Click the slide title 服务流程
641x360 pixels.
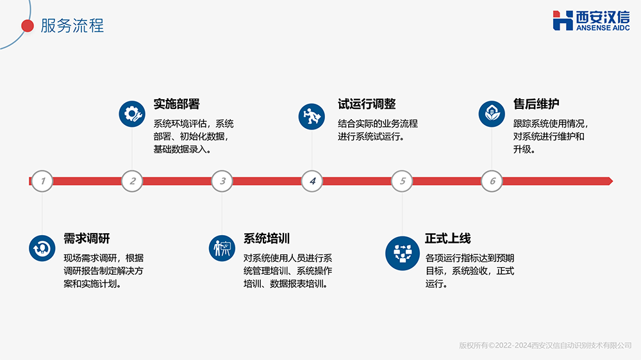point(72,26)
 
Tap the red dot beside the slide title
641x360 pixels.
point(28,26)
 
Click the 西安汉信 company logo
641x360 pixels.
point(591,20)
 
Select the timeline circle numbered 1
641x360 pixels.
point(42,181)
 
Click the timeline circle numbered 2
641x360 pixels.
point(132,181)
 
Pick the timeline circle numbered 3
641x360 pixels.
point(222,181)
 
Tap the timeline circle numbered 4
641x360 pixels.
point(312,181)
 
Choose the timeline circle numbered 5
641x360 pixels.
point(403,181)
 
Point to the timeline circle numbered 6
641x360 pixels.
point(492,181)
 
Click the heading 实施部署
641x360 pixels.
point(176,104)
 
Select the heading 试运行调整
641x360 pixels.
point(367,104)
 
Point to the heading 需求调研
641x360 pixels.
point(87,239)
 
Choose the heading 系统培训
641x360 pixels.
point(267,239)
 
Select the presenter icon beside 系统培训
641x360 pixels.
point(222,248)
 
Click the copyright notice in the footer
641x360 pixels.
point(545,345)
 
